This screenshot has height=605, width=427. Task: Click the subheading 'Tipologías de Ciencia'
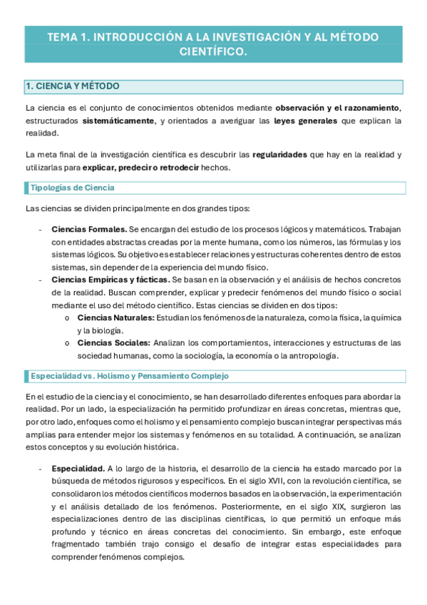72,188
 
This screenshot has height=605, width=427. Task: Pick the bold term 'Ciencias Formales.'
89,229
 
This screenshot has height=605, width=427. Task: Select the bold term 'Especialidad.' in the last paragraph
78,469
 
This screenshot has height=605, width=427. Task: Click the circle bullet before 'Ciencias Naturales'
66,317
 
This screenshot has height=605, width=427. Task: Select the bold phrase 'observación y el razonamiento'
337,108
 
